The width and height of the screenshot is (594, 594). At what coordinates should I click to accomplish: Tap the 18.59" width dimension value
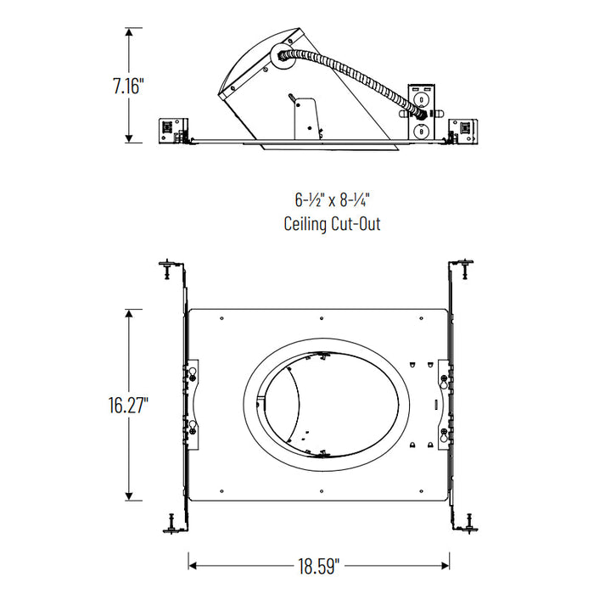pyautogui.click(x=318, y=563)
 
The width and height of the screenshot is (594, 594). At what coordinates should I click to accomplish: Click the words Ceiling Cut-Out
pyautogui.click(x=333, y=224)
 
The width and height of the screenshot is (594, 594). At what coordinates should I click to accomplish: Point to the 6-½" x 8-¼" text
pyautogui.click(x=333, y=201)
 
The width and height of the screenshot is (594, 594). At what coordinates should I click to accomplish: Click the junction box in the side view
pyautogui.click(x=421, y=111)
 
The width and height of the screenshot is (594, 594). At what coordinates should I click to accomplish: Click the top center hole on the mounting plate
pyautogui.click(x=322, y=318)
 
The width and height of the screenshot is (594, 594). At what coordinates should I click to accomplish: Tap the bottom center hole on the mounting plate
pyautogui.click(x=322, y=489)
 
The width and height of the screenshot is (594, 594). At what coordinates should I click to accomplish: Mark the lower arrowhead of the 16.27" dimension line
pyautogui.click(x=129, y=497)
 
